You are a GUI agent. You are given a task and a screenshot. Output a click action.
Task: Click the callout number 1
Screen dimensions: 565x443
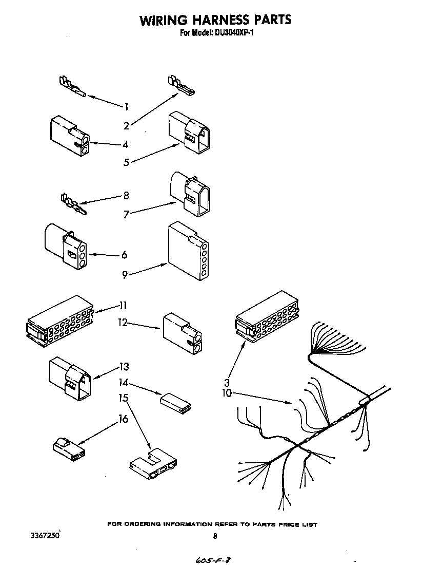click(x=125, y=106)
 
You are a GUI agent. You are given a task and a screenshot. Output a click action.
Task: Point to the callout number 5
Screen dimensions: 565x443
click(x=126, y=163)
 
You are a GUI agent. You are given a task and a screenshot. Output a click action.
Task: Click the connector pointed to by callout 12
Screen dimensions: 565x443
click(x=182, y=334)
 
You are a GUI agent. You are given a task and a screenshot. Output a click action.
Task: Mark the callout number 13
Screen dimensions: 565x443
click(x=124, y=367)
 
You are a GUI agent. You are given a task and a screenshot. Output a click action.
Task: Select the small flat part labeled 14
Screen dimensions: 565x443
click(x=176, y=402)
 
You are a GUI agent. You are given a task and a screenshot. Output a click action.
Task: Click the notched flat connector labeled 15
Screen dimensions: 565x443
click(x=153, y=463)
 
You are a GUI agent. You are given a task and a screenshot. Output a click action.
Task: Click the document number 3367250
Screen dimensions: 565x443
click(x=46, y=535)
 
